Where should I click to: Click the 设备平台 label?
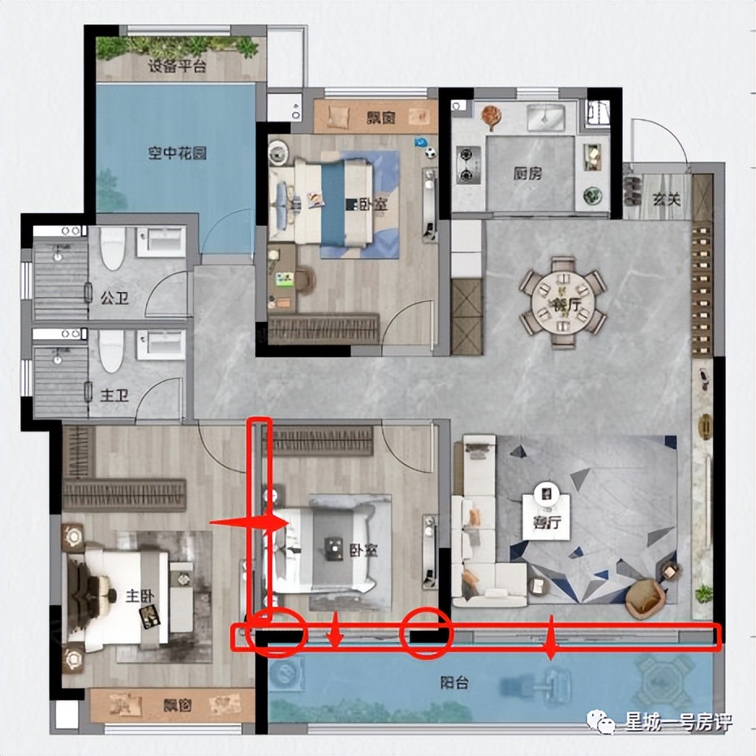coord(177,66)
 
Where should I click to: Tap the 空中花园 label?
coord(177,154)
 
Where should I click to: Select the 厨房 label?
coord(527,174)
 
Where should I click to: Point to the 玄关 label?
coord(667,199)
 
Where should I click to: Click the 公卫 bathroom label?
coord(114,298)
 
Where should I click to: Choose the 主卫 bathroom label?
coord(114,397)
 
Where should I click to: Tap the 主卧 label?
coord(140,596)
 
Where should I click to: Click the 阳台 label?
coord(454,683)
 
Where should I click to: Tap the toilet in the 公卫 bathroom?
coord(112,248)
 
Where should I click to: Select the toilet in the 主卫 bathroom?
coord(111,350)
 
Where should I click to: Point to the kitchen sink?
coord(546,118)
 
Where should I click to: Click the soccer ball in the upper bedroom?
coord(430,152)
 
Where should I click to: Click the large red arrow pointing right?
coord(249,524)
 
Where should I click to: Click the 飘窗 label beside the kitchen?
coord(381,117)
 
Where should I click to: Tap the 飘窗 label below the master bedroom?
coord(178,706)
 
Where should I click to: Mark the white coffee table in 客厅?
coord(546,510)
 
